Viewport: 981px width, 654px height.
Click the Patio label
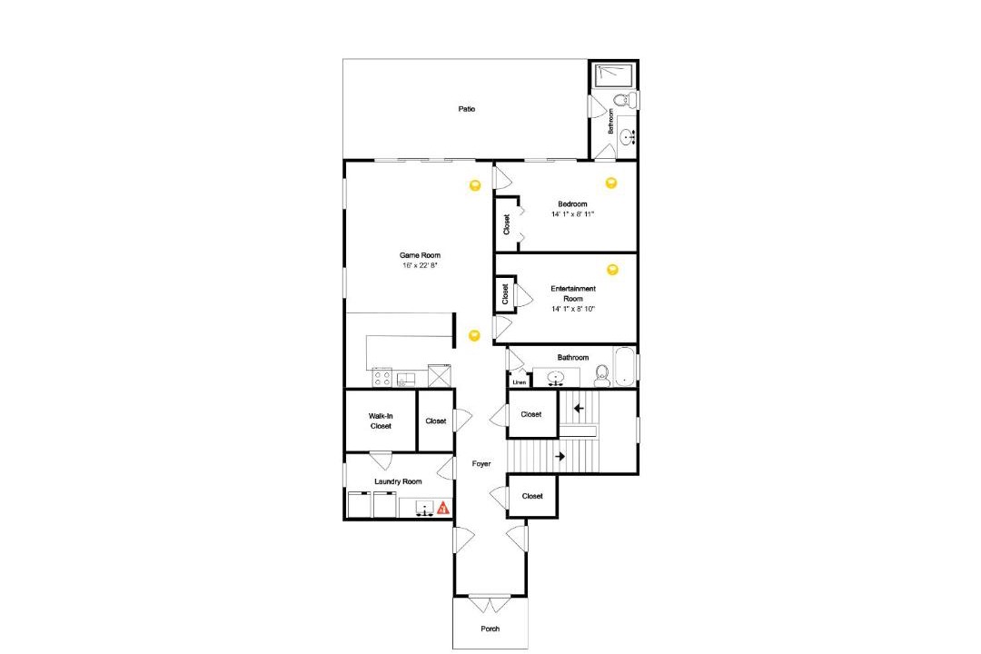point(466,109)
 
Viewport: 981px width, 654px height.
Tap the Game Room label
point(420,255)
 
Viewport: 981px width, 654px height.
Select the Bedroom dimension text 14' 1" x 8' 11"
point(572,214)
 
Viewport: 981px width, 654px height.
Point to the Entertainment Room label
point(573,293)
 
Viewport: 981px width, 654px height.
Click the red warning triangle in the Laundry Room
point(443,508)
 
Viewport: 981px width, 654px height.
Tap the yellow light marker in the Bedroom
point(611,183)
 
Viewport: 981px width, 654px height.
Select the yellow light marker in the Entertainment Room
point(612,270)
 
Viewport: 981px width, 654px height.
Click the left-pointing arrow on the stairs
point(579,409)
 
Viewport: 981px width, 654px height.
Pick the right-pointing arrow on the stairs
point(560,456)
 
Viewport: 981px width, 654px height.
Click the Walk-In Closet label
point(381,421)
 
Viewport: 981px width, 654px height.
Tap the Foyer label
point(481,464)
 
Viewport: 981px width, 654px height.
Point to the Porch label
point(490,629)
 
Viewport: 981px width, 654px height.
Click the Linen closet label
point(520,381)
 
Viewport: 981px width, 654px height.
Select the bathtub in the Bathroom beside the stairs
point(625,367)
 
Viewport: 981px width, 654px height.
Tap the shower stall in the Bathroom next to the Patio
point(613,75)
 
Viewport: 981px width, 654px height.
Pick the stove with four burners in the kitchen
point(382,377)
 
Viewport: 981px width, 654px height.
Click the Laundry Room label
point(398,481)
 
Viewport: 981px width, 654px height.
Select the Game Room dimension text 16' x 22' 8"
point(420,265)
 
